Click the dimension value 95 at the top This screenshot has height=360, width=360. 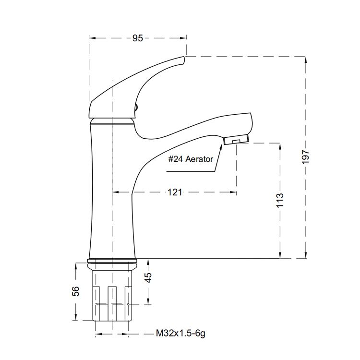click(x=138, y=38)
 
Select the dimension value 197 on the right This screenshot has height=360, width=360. click(x=306, y=157)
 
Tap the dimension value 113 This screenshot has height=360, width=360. click(x=280, y=201)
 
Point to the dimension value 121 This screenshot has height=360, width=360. click(x=175, y=192)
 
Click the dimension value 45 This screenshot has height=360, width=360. click(x=148, y=277)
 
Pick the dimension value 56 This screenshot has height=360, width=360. click(x=75, y=291)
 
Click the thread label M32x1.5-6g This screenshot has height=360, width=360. click(x=180, y=333)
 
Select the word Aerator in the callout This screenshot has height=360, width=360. click(x=199, y=159)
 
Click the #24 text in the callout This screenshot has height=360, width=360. click(x=175, y=159)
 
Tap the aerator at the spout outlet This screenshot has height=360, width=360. click(x=236, y=140)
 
